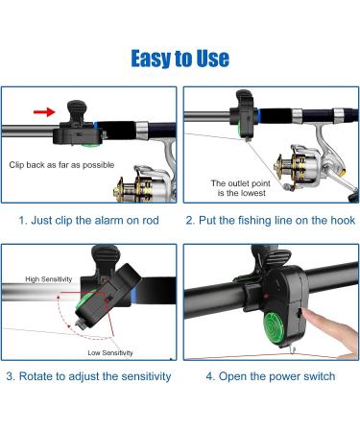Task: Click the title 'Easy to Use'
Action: pos(180,59)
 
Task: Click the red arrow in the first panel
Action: pos(44,111)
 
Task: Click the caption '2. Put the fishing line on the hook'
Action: pos(270,220)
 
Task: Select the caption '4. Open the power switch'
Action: pos(270,375)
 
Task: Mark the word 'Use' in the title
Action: pos(210,59)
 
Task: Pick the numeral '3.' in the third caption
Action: pos(13,375)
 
